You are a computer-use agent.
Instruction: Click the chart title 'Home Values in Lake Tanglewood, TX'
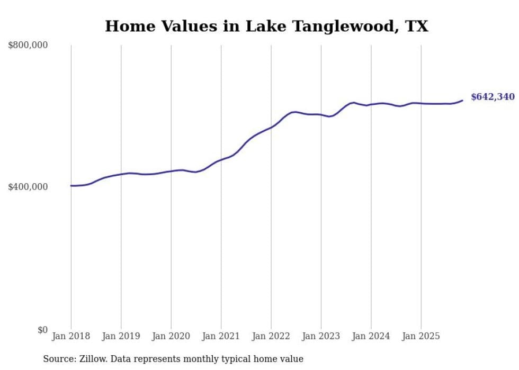coord(266,26)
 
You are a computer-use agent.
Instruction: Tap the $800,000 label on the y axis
coord(28,46)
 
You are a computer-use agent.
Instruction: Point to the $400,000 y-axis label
coord(28,187)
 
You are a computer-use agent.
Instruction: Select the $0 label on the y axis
coord(42,330)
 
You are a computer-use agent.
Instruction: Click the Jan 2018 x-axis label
coord(71,336)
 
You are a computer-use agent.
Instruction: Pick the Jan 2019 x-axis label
coord(121,336)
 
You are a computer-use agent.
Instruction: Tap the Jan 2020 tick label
coord(171,336)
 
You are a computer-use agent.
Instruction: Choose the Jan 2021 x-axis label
coord(221,336)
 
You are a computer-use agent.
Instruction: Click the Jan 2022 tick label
coord(271,336)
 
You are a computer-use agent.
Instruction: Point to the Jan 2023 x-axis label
coord(321,336)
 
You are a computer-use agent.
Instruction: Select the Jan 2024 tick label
coord(371,336)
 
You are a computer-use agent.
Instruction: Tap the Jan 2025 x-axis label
coord(421,336)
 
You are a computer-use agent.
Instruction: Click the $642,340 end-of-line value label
coord(493,97)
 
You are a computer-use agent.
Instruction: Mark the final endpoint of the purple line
coord(462,100)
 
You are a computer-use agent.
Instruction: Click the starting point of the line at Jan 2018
coord(71,186)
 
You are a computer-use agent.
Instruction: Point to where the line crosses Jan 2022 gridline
coord(271,127)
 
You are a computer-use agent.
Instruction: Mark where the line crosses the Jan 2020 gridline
coord(171,171)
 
